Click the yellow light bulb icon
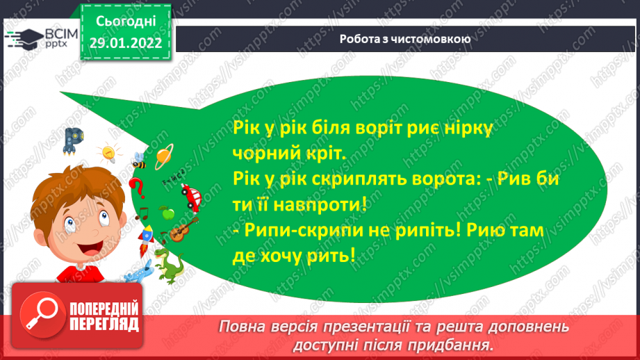coord(108,152)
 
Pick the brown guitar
coord(183,229)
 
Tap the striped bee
coord(139,162)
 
